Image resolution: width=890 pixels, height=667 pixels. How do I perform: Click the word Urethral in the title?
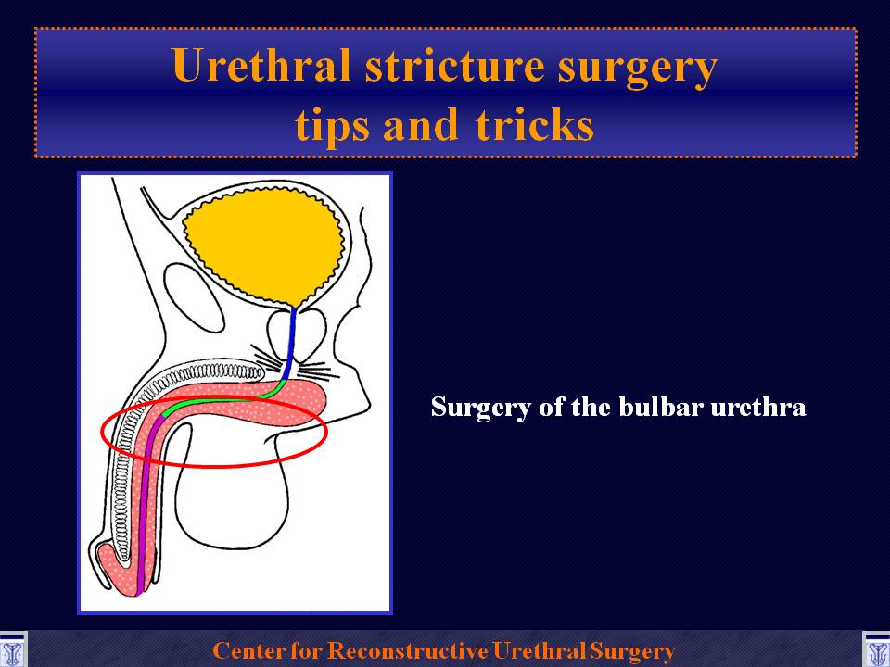click(x=261, y=65)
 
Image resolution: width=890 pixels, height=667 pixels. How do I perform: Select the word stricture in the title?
click(x=455, y=66)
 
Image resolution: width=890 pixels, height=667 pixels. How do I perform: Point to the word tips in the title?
click(x=332, y=125)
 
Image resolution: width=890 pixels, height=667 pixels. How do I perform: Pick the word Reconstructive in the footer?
click(x=408, y=650)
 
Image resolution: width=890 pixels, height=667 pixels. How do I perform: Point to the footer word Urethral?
click(x=539, y=650)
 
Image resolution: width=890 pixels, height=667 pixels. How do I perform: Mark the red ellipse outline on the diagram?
click(x=214, y=466)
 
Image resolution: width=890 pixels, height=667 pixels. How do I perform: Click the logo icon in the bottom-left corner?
click(x=13, y=650)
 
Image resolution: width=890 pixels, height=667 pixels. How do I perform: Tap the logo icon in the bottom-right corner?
click(x=876, y=650)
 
